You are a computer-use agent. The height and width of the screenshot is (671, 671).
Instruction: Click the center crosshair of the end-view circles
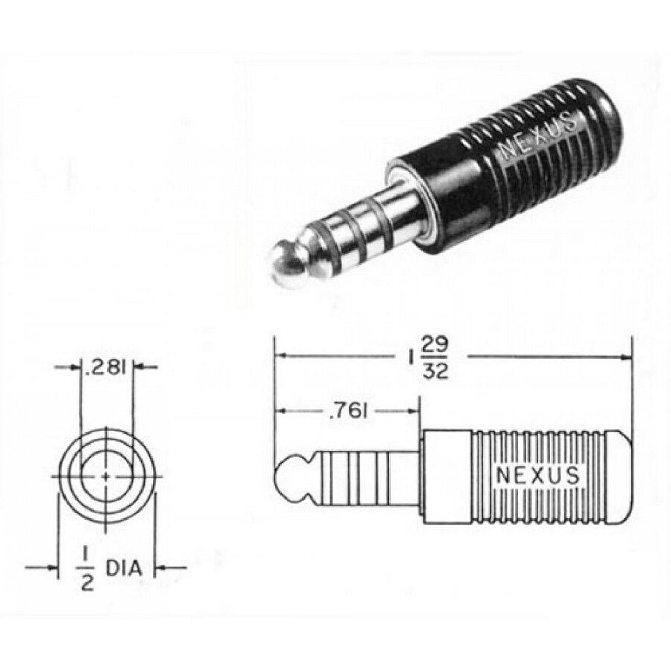coord(106,477)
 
